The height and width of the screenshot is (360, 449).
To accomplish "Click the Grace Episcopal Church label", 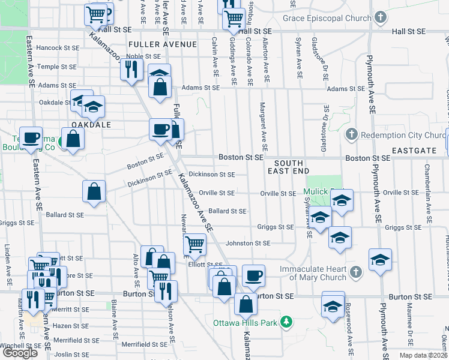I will pos(328,18).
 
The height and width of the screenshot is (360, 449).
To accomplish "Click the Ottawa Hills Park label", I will pos(246,323).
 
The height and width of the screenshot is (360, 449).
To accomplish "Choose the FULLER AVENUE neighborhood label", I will pos(155,44).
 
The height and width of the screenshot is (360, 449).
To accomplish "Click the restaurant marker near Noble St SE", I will pos(130,70).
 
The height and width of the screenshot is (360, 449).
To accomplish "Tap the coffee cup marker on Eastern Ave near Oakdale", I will pos(31,137).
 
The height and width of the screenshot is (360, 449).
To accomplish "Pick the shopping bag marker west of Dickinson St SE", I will pos(95,192).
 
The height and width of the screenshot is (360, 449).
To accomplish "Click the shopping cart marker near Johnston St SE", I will pos(194,244).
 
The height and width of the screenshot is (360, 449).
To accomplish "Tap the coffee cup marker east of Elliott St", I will pos(253,275).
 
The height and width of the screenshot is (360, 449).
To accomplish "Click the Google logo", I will pos(20,353).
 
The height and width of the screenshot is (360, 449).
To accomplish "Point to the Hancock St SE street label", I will pos(58,47).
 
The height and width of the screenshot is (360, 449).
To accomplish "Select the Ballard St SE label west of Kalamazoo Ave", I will pos(63,214).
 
